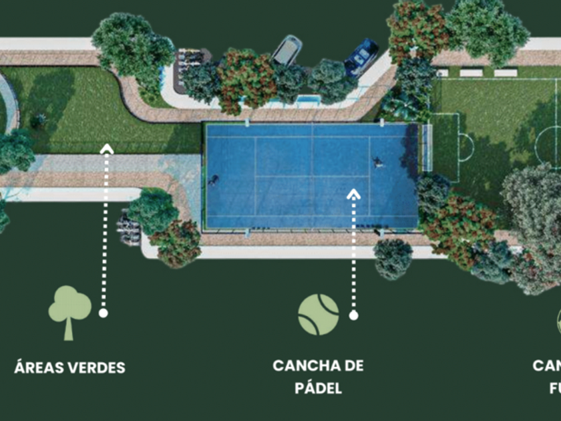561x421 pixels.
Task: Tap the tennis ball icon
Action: pos(318,314)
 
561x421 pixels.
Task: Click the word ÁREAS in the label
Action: pos(39,368)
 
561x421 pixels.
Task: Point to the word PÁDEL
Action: pos(318,388)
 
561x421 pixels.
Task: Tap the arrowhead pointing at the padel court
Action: pos(354,194)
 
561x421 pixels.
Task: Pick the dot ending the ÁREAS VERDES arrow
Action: pos(103,312)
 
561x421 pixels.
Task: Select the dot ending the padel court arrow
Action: pos(353,314)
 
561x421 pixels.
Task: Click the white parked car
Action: pos(287,50)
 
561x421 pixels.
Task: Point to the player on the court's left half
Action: pos(214,179)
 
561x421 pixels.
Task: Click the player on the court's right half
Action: pos(378,161)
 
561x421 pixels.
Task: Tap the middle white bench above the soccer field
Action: pos(471,72)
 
